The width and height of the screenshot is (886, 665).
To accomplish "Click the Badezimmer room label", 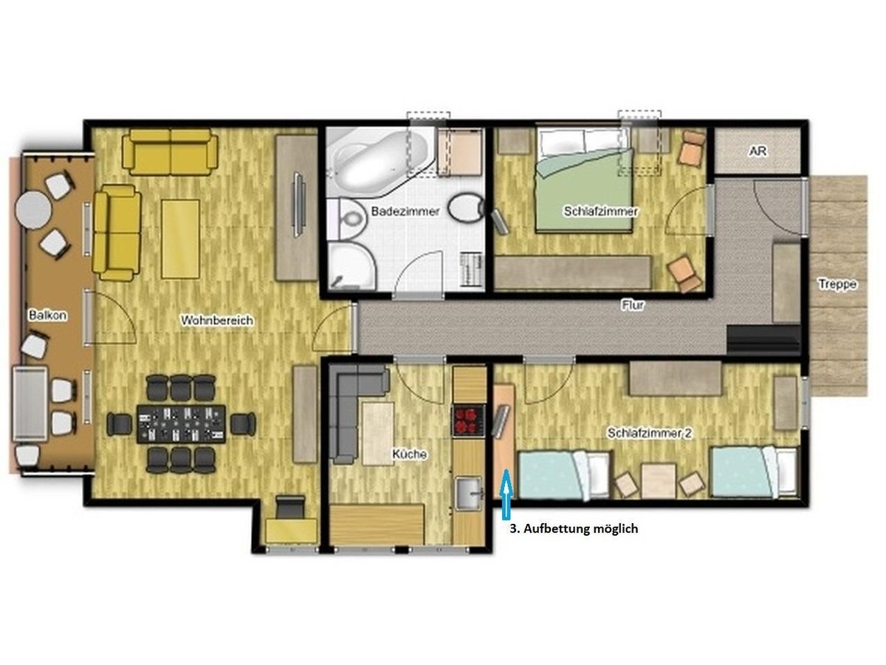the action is point(405,211).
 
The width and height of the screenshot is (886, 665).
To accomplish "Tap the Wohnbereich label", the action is point(217,320).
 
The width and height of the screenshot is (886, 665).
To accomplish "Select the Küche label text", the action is point(409,454).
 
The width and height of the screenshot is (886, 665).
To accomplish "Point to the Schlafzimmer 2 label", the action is point(650,433).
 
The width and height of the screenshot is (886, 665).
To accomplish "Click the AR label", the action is point(758,151).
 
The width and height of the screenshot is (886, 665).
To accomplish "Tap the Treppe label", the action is point(837,284).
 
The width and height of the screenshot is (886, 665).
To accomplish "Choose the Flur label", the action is point(633,305).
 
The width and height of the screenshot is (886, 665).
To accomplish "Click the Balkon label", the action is point(48,315).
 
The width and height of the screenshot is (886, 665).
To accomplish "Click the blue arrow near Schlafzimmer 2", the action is point(506,494).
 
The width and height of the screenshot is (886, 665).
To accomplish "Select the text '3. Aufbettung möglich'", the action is point(574,528).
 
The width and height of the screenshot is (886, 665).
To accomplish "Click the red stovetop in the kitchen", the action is point(468,420).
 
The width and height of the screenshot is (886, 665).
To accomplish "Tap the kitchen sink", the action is point(469,493).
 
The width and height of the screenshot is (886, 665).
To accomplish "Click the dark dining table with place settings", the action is point(181,424).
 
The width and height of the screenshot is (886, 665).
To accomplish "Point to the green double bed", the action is point(583,180).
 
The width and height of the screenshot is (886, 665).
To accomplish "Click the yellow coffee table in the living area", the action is point(180,239).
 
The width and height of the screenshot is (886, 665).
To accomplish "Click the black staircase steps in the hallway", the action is point(763,340).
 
